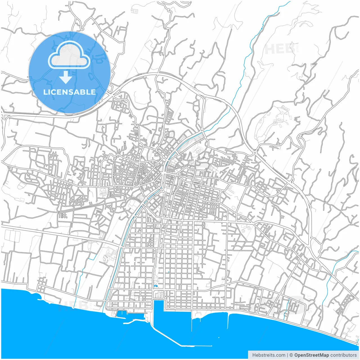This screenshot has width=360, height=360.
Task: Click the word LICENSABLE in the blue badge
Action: coord(69,92)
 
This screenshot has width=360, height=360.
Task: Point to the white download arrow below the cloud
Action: coord(66,77)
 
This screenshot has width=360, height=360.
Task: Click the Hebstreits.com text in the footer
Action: coord(269,355)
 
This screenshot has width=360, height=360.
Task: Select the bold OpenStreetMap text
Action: coord(312,355)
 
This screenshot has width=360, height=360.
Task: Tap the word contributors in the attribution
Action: coord(343,355)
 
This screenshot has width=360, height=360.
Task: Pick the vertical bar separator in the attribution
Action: coord(287,355)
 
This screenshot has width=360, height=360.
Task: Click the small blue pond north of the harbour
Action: coord(156,286)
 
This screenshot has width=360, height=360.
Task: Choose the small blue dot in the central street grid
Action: coord(168,272)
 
